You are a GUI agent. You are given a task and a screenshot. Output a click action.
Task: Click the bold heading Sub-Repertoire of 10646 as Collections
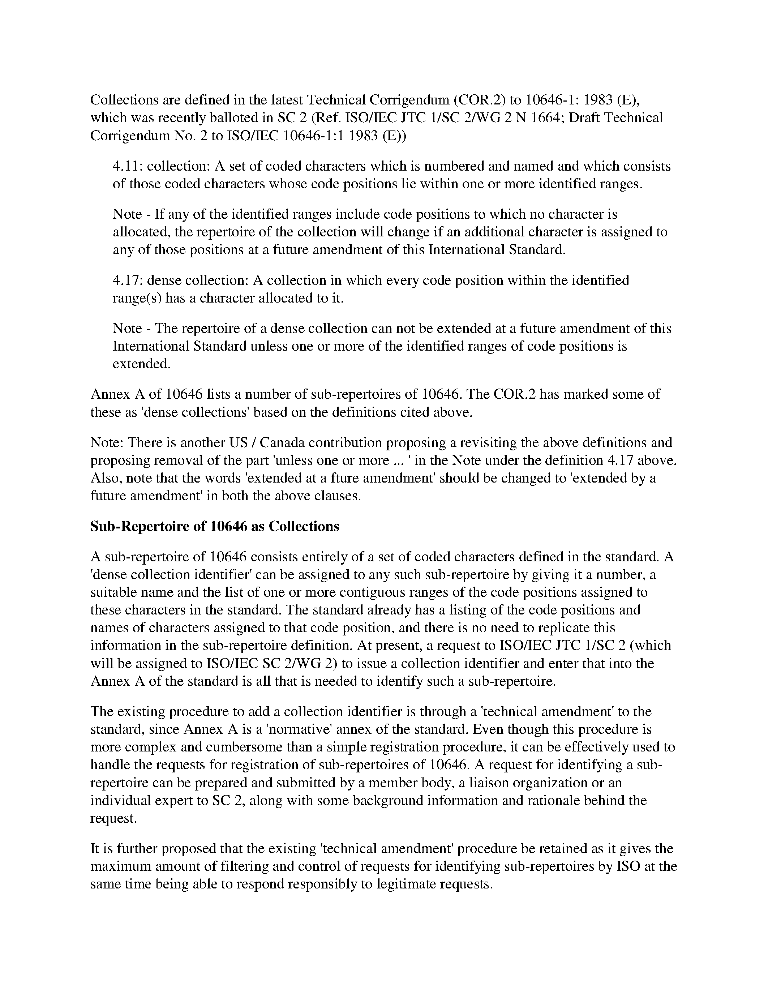214,526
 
